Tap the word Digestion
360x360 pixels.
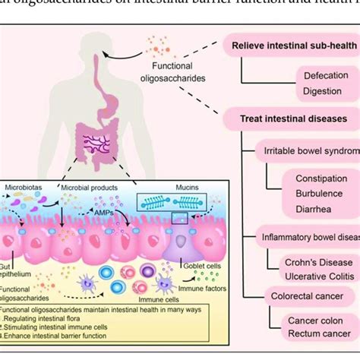click(323, 91)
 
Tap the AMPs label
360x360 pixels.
click(106, 214)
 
